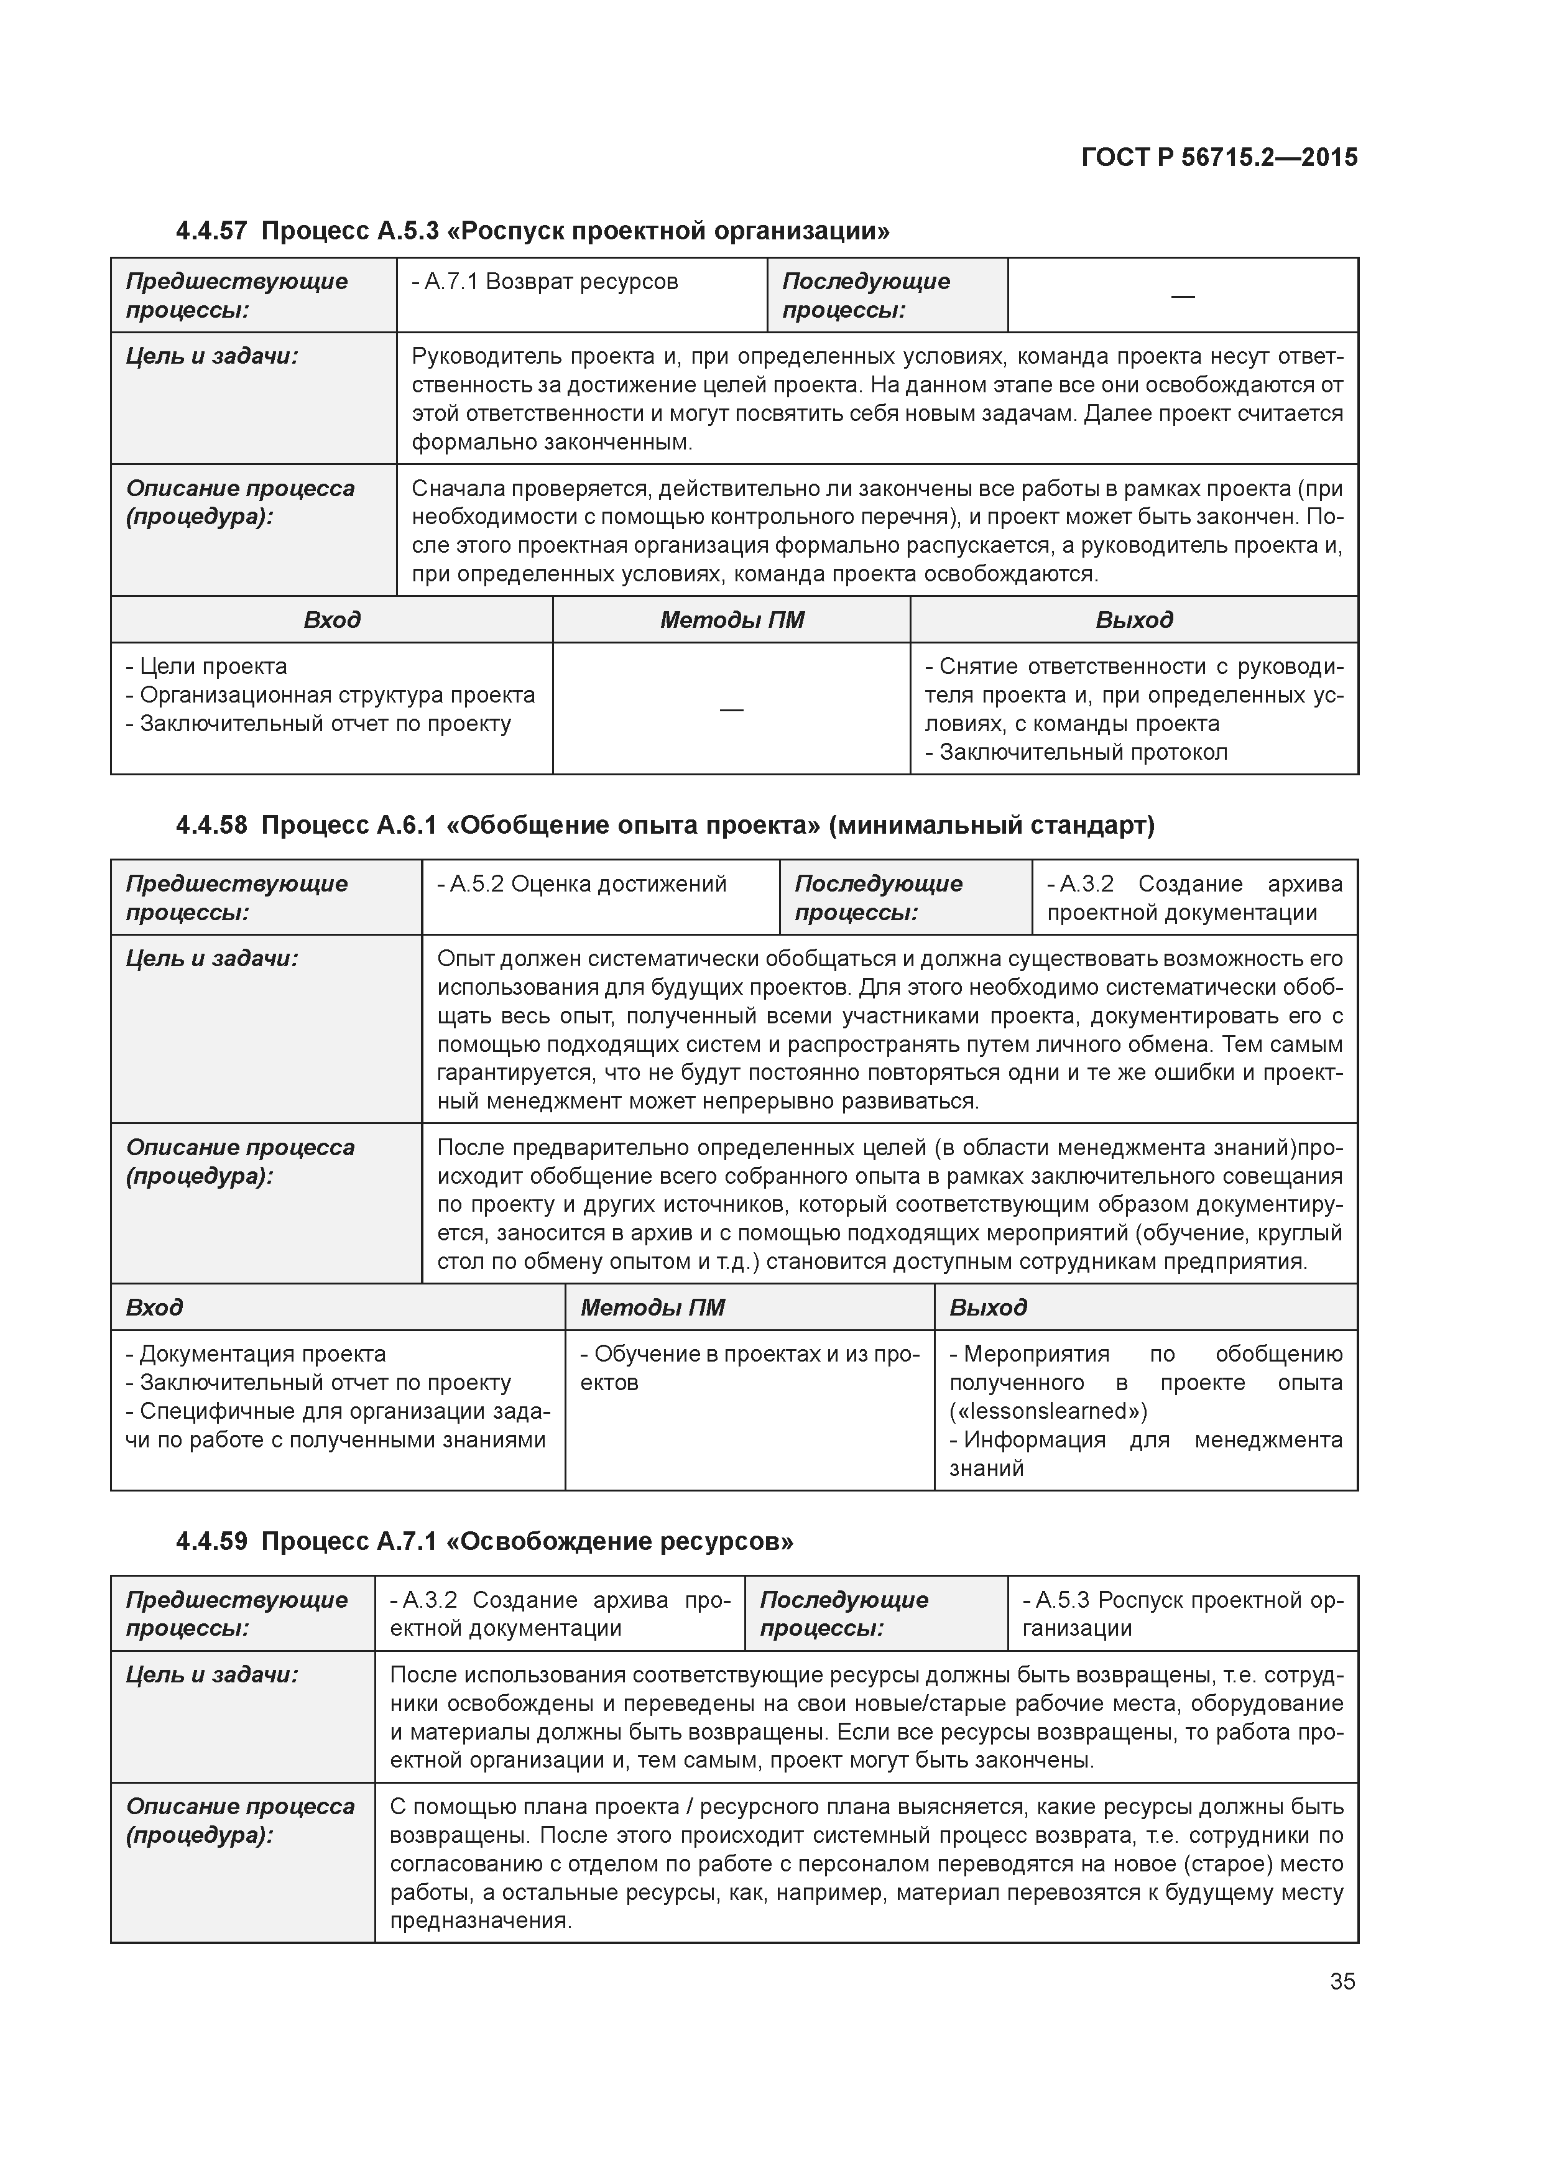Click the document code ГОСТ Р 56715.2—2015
1219,158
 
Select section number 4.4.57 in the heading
211,231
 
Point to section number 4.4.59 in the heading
211,1541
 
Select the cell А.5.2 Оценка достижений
581,884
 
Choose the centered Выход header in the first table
1133,620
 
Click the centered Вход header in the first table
331,620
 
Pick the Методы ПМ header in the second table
653,1308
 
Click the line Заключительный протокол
1083,752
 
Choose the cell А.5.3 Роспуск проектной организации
1182,1615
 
